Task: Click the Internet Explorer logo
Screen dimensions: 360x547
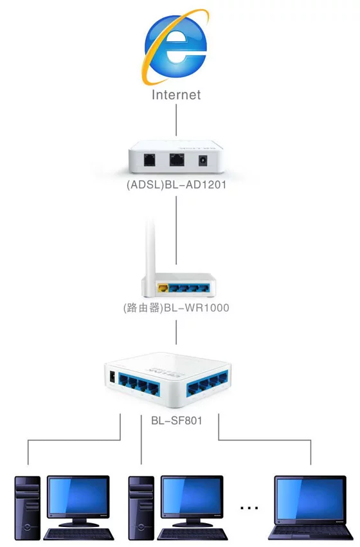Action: click(x=175, y=47)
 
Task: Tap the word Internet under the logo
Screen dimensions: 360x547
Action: click(x=176, y=95)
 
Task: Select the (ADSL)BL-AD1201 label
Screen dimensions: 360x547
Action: click(x=176, y=184)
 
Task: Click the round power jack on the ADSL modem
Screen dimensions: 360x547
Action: click(x=203, y=161)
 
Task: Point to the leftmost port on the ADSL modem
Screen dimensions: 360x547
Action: click(x=150, y=160)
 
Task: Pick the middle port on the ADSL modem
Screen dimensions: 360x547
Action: click(x=177, y=160)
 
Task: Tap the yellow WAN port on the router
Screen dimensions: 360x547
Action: click(x=163, y=288)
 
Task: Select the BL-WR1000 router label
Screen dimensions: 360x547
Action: click(x=176, y=308)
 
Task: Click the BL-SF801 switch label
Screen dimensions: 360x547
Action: click(x=177, y=421)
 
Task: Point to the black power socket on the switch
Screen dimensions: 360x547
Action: click(x=113, y=377)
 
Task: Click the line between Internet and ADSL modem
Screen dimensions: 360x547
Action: click(x=176, y=120)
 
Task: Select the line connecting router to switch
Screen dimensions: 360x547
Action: click(x=176, y=332)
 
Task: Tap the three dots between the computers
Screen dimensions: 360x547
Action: click(x=249, y=508)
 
